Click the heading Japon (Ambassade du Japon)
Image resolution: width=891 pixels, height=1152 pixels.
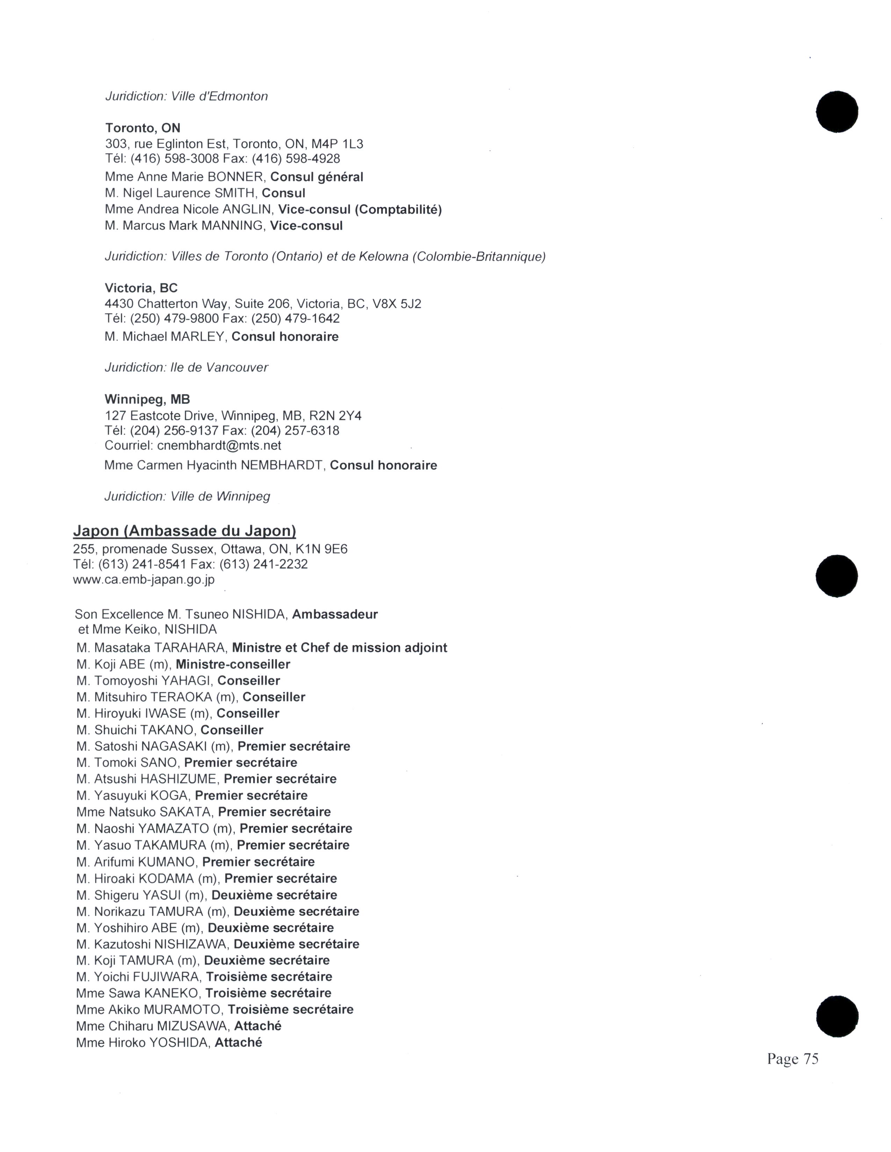tap(184, 531)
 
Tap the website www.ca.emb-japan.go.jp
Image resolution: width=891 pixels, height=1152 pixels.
tap(144, 579)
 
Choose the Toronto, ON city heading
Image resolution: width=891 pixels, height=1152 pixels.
tap(143, 128)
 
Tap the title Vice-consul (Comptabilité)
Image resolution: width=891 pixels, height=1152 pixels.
tap(360, 210)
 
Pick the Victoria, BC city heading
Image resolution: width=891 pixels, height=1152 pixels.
tap(141, 288)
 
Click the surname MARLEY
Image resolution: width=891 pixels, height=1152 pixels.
tap(197, 337)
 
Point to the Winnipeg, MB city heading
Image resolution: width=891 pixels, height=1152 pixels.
tap(147, 399)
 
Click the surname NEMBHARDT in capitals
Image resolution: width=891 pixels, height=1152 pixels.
tap(282, 466)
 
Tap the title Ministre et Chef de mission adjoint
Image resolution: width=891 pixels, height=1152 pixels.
tap(339, 648)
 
